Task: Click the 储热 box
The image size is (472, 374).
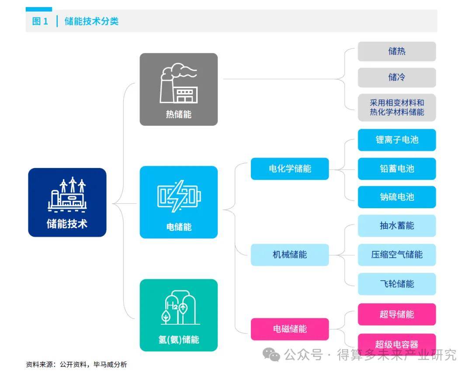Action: [x=396, y=51]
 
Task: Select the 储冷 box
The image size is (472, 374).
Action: [x=396, y=77]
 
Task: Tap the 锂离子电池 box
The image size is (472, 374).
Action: [x=396, y=140]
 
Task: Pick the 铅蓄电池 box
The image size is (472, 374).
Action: [x=396, y=168]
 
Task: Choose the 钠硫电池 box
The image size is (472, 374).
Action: [x=396, y=197]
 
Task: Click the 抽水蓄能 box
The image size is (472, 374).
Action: [x=396, y=226]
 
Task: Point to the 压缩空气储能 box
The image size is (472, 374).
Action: [x=396, y=254]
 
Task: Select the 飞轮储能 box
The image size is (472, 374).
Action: [x=396, y=284]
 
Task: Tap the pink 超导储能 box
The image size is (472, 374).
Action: [x=396, y=314]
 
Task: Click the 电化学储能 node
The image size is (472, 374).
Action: [x=289, y=168]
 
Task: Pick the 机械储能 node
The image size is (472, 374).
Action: [x=289, y=254]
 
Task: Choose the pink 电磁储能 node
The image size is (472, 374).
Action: [x=289, y=329]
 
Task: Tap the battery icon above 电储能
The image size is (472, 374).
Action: [x=178, y=196]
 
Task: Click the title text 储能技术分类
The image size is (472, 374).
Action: [x=91, y=21]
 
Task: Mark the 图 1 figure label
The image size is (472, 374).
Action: [x=40, y=21]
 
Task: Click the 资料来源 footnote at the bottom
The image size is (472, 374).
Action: [x=76, y=364]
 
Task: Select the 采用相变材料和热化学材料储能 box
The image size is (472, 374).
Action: [x=396, y=107]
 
